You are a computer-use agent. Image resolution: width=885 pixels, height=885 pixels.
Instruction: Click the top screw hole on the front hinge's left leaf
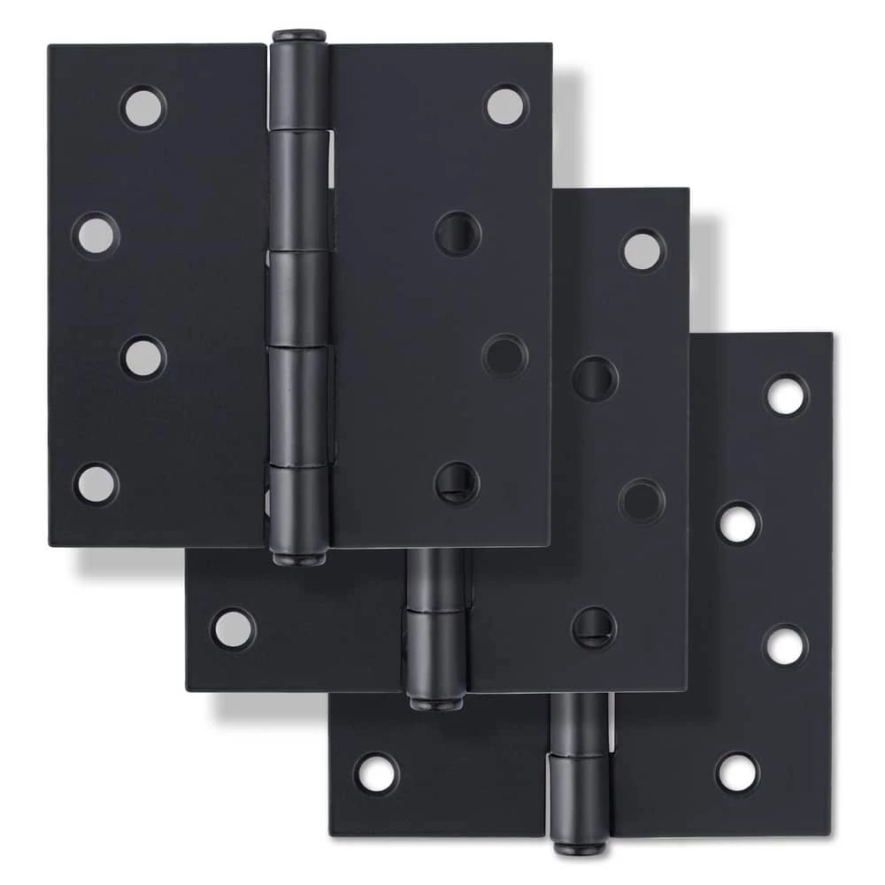[142, 108]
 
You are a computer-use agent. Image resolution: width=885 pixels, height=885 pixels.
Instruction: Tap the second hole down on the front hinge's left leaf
[96, 235]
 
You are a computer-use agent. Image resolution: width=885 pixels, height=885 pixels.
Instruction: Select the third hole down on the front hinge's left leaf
[142, 358]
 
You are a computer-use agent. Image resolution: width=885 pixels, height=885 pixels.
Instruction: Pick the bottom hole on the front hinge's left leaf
[96, 483]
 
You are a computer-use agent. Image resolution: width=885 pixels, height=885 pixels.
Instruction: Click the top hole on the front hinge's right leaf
[505, 106]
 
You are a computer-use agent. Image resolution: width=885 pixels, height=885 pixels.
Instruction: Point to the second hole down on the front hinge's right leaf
[458, 234]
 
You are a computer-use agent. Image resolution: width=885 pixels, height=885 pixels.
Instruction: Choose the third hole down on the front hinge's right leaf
[504, 356]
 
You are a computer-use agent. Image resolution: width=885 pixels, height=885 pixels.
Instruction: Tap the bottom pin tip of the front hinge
[298, 558]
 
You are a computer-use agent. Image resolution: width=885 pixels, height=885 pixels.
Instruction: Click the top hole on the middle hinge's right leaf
[643, 251]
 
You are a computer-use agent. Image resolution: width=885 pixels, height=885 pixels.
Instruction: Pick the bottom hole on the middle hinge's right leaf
[594, 627]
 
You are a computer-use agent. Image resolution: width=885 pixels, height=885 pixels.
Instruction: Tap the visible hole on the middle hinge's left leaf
[233, 628]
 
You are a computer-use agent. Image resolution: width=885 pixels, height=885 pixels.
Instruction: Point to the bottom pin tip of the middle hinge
[435, 703]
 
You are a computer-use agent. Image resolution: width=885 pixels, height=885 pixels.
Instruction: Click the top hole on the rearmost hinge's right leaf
[786, 396]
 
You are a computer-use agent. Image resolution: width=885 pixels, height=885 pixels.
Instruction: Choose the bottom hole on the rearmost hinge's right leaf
[737, 773]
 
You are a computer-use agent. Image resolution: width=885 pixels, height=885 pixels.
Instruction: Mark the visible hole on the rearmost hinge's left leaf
[377, 773]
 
